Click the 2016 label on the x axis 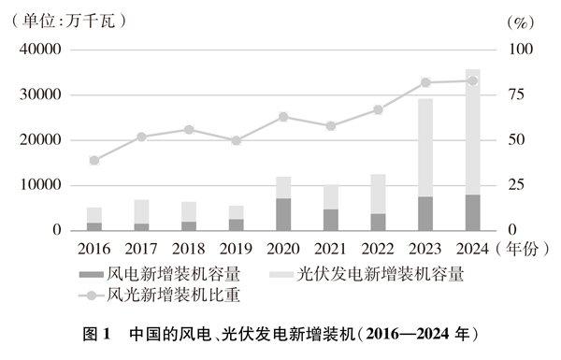pyautogui.click(x=93, y=249)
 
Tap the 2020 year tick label pyautogui.click(x=283, y=249)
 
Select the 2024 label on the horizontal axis pyautogui.click(x=472, y=249)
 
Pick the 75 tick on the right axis pyautogui.click(x=517, y=94)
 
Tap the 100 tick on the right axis pyautogui.click(x=519, y=50)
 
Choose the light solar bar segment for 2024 pyautogui.click(x=472, y=132)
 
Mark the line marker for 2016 pyautogui.click(x=93, y=160)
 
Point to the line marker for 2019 pyautogui.click(x=236, y=140)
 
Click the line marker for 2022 pyautogui.click(x=378, y=109)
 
